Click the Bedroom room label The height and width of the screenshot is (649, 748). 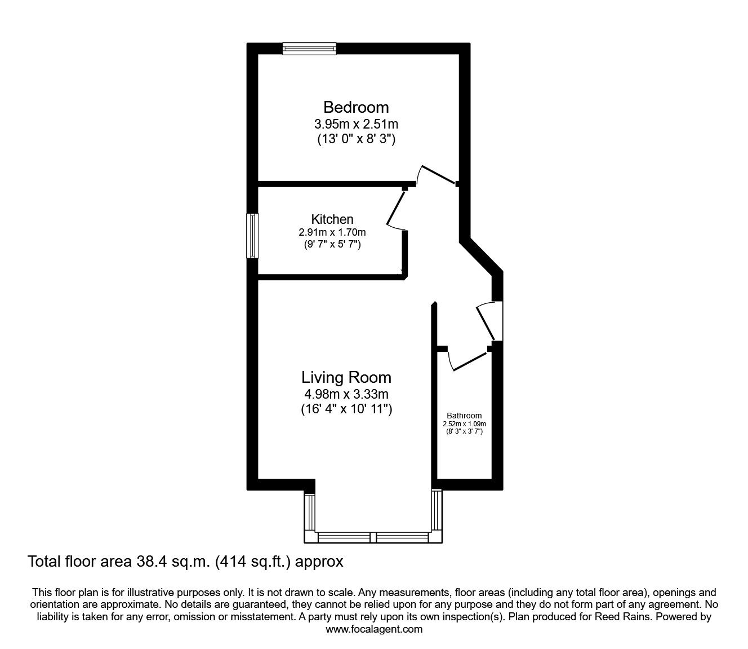(356, 107)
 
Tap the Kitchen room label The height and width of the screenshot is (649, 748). (332, 219)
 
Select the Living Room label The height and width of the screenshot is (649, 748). (346, 377)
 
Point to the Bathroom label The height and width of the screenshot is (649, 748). (464, 416)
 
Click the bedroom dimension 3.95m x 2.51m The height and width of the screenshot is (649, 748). (356, 123)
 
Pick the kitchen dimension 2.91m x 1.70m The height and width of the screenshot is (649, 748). (332, 232)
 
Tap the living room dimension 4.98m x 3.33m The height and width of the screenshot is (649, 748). (346, 394)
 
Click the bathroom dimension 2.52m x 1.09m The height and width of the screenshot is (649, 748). (464, 424)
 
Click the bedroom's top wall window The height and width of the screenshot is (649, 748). (309, 49)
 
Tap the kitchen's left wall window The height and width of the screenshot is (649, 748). (253, 236)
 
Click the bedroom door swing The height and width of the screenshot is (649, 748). (437, 174)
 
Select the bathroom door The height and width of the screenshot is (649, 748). (469, 361)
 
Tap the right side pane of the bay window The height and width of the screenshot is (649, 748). (437, 510)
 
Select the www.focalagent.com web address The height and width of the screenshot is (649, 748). (374, 629)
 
